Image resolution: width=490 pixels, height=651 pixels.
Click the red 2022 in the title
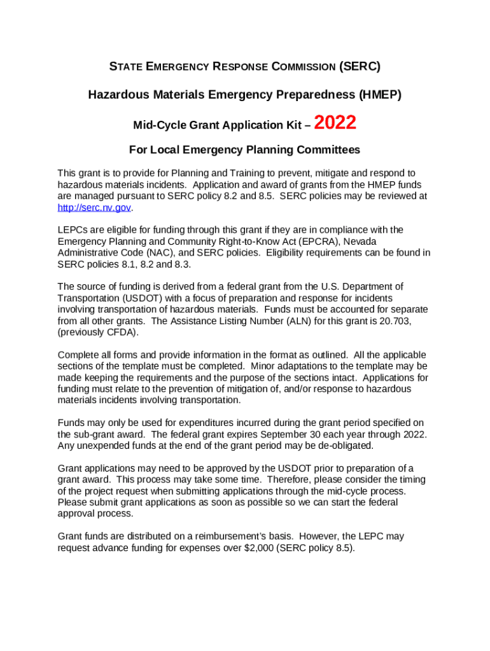point(335,123)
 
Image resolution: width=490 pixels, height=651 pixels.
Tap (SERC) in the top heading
point(360,66)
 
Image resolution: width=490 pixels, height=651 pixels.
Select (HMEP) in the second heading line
point(380,95)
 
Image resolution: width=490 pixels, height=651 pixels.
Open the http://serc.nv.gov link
point(94,207)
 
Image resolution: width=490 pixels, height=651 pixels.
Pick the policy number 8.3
point(183,264)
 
